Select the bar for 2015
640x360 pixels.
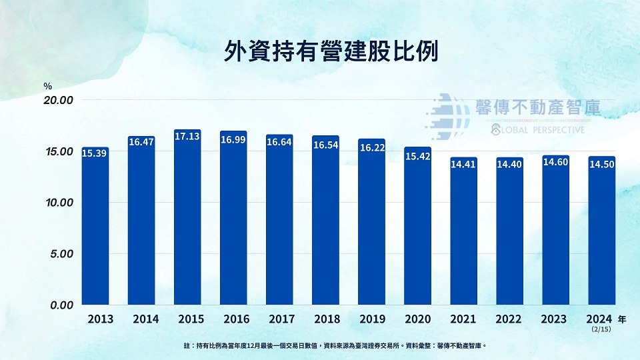187,220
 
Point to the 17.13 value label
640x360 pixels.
187,136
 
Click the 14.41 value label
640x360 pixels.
463,163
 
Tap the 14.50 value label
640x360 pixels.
601,164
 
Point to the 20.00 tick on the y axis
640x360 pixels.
58,100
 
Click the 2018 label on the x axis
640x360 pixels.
325,319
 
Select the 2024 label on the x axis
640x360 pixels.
601,319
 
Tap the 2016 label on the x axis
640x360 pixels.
233,319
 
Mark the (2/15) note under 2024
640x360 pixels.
601,329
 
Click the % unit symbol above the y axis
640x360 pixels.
47,86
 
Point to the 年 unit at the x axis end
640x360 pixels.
622,319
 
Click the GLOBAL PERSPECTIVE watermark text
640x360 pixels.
537,129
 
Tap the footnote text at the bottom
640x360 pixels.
335,345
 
